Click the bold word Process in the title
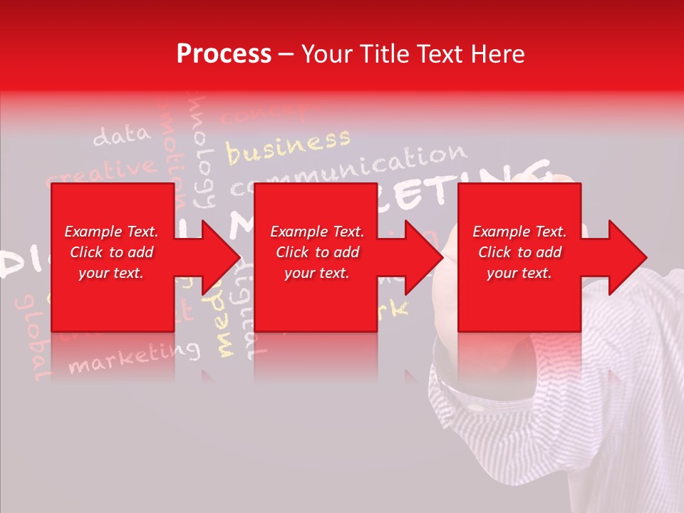tap(224, 54)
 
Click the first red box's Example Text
tap(111, 232)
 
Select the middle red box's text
tap(317, 252)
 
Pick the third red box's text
tap(519, 252)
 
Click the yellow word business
tap(289, 146)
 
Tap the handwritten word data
tap(122, 135)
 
